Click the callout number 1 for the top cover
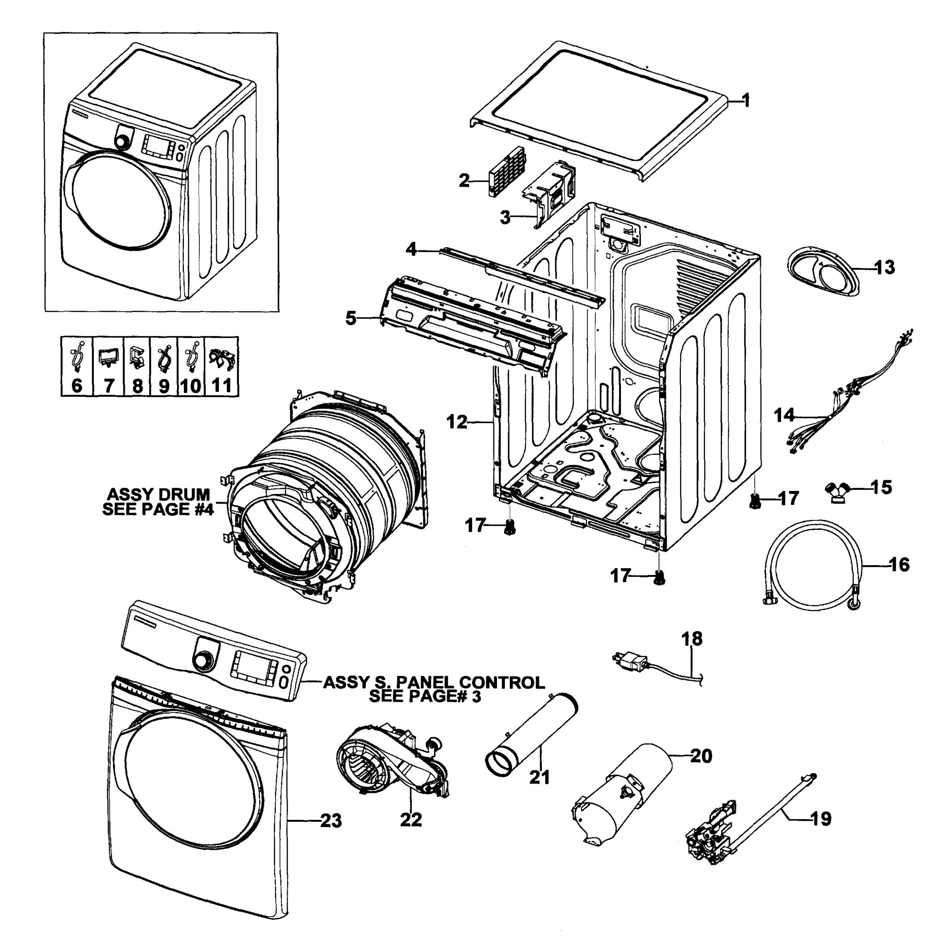point(746,101)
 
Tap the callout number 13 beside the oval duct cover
point(885,268)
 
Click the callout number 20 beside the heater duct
point(701,756)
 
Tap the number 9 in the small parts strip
point(164,386)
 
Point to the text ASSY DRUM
point(159,494)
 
